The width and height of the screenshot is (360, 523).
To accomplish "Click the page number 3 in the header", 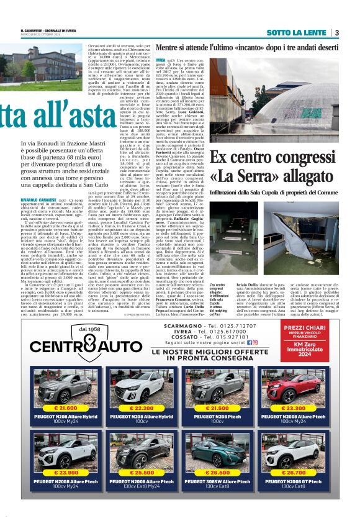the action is coord(336,32).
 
